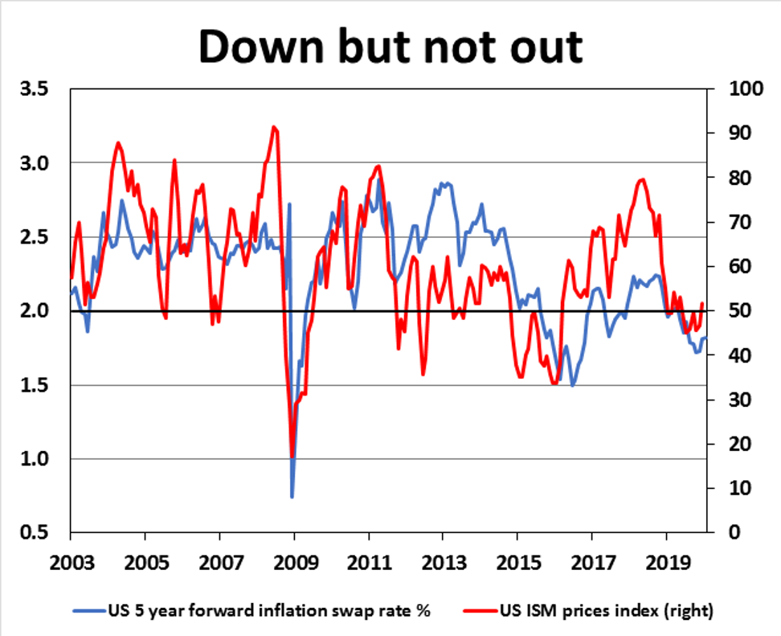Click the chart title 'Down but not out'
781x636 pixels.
click(x=390, y=46)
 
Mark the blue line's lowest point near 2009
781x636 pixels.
click(x=292, y=497)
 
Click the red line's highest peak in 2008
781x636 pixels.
click(x=274, y=127)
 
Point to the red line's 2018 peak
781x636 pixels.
click(x=641, y=179)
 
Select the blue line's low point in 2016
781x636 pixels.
click(x=573, y=386)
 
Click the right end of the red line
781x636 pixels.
click(x=702, y=303)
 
